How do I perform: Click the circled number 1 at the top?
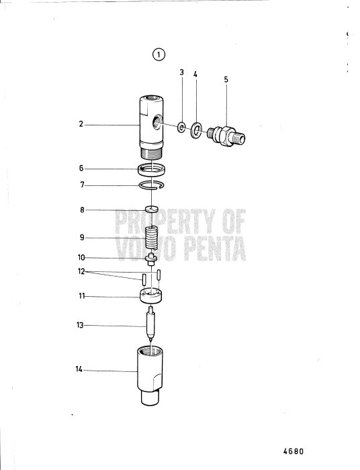point(159,55)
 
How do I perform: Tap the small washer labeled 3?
point(181,126)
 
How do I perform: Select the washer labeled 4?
point(195,130)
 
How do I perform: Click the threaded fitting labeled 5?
point(227,134)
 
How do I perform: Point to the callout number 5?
point(226,79)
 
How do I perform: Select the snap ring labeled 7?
point(153,186)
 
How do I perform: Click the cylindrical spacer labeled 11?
point(153,295)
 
